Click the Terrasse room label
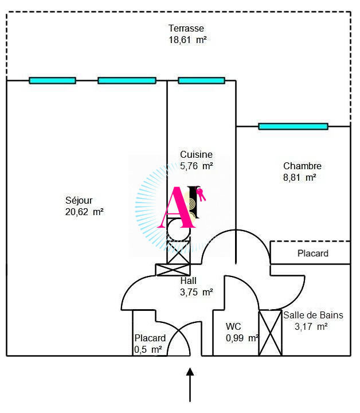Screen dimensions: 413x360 [x=186, y=28]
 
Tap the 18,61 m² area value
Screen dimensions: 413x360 [x=186, y=40]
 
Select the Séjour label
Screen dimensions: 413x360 [x=79, y=200]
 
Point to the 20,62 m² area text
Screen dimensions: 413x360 [x=84, y=212]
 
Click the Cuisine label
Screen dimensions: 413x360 [x=196, y=154]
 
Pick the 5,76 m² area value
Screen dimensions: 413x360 [x=196, y=166]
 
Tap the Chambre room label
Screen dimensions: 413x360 [x=302, y=166]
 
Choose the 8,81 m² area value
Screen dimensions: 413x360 [x=299, y=178]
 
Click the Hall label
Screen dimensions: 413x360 [x=188, y=280]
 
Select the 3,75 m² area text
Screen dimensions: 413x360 [x=196, y=292]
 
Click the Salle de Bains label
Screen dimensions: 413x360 [x=313, y=315]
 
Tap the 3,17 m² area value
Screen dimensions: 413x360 [x=311, y=326]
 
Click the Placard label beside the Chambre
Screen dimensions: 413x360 [x=312, y=253]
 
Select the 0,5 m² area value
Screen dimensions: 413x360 [x=148, y=349]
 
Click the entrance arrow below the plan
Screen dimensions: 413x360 [x=190, y=384]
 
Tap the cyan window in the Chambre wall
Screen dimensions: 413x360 [x=293, y=126]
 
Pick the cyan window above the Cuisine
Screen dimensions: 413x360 [x=201, y=80]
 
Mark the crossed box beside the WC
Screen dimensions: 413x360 [x=270, y=333]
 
